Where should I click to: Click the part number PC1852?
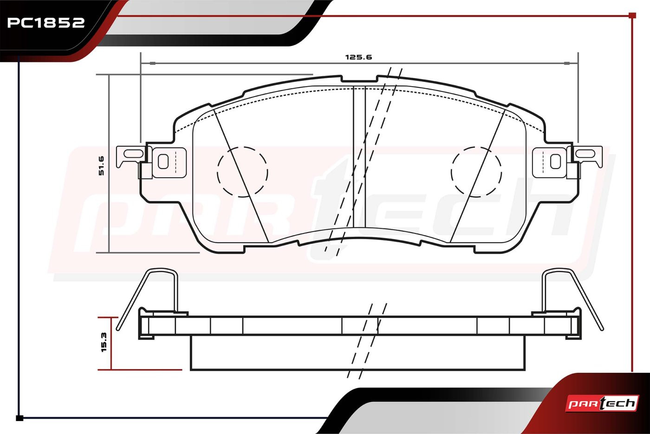[46, 23]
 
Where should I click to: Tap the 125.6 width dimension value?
[358, 57]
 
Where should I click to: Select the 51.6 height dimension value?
[101, 166]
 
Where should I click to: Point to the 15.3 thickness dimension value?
[104, 342]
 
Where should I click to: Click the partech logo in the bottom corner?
[602, 403]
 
